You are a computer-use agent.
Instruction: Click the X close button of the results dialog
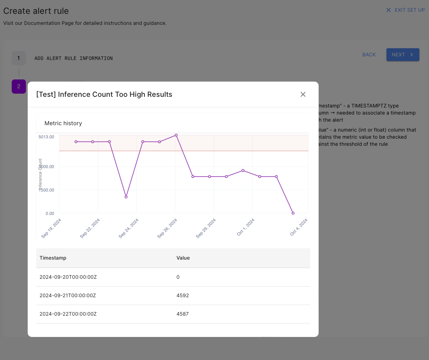coord(303,94)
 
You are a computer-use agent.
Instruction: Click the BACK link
coord(369,55)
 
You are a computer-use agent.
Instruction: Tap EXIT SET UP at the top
coord(406,10)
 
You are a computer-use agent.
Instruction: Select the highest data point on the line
coord(176,135)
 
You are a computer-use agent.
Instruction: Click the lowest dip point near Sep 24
coord(126,197)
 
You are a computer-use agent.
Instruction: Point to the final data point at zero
coord(293,213)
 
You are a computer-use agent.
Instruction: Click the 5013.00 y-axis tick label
coord(46,137)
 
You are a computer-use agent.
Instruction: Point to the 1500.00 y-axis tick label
coord(46,190)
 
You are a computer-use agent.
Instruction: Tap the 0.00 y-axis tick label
coord(50,214)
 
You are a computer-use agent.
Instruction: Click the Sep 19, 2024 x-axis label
coord(51,228)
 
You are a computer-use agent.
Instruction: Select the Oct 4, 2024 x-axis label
coord(299,227)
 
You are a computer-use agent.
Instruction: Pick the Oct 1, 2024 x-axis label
coord(246,227)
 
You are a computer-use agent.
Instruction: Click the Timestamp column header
coord(53,258)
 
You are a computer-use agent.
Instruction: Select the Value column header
coord(183,258)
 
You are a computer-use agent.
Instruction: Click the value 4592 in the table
coord(183,295)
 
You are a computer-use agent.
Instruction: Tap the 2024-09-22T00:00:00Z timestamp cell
coord(68,314)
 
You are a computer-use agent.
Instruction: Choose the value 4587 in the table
coord(183,314)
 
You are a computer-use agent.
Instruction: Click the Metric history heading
coord(63,123)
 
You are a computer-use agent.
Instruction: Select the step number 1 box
coord(19,58)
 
